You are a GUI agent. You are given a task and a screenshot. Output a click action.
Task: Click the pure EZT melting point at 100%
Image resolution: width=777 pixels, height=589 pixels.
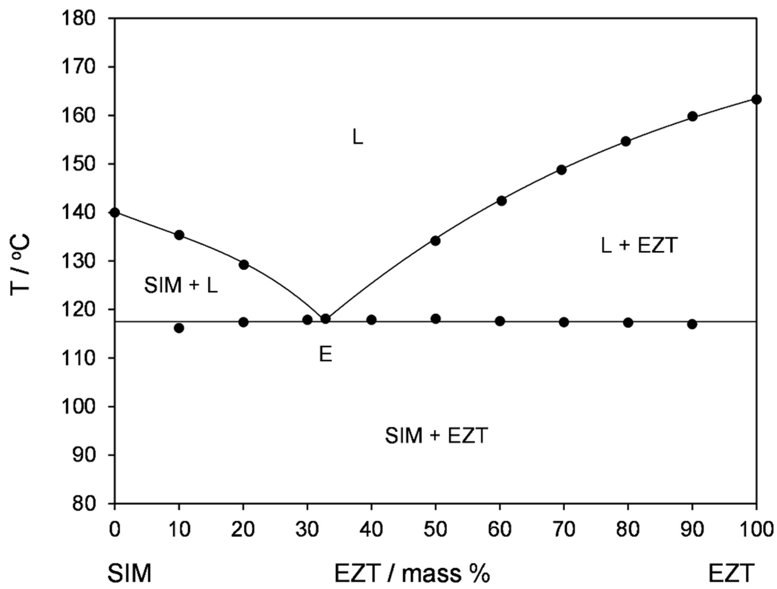[x=756, y=100]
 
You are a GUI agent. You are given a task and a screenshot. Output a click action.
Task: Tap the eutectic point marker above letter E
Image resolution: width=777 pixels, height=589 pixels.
[x=326, y=319]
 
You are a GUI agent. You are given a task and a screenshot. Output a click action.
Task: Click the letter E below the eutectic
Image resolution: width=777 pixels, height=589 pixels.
[x=326, y=355]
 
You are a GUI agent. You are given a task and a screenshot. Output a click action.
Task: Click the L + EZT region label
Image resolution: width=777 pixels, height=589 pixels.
[x=638, y=246]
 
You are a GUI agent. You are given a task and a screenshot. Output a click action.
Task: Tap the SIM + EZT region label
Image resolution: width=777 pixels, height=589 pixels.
[x=436, y=436]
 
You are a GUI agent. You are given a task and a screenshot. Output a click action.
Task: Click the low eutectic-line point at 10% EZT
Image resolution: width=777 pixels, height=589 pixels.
[x=179, y=328]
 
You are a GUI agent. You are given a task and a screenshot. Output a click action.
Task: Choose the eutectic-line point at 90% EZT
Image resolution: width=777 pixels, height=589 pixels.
[x=692, y=324]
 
